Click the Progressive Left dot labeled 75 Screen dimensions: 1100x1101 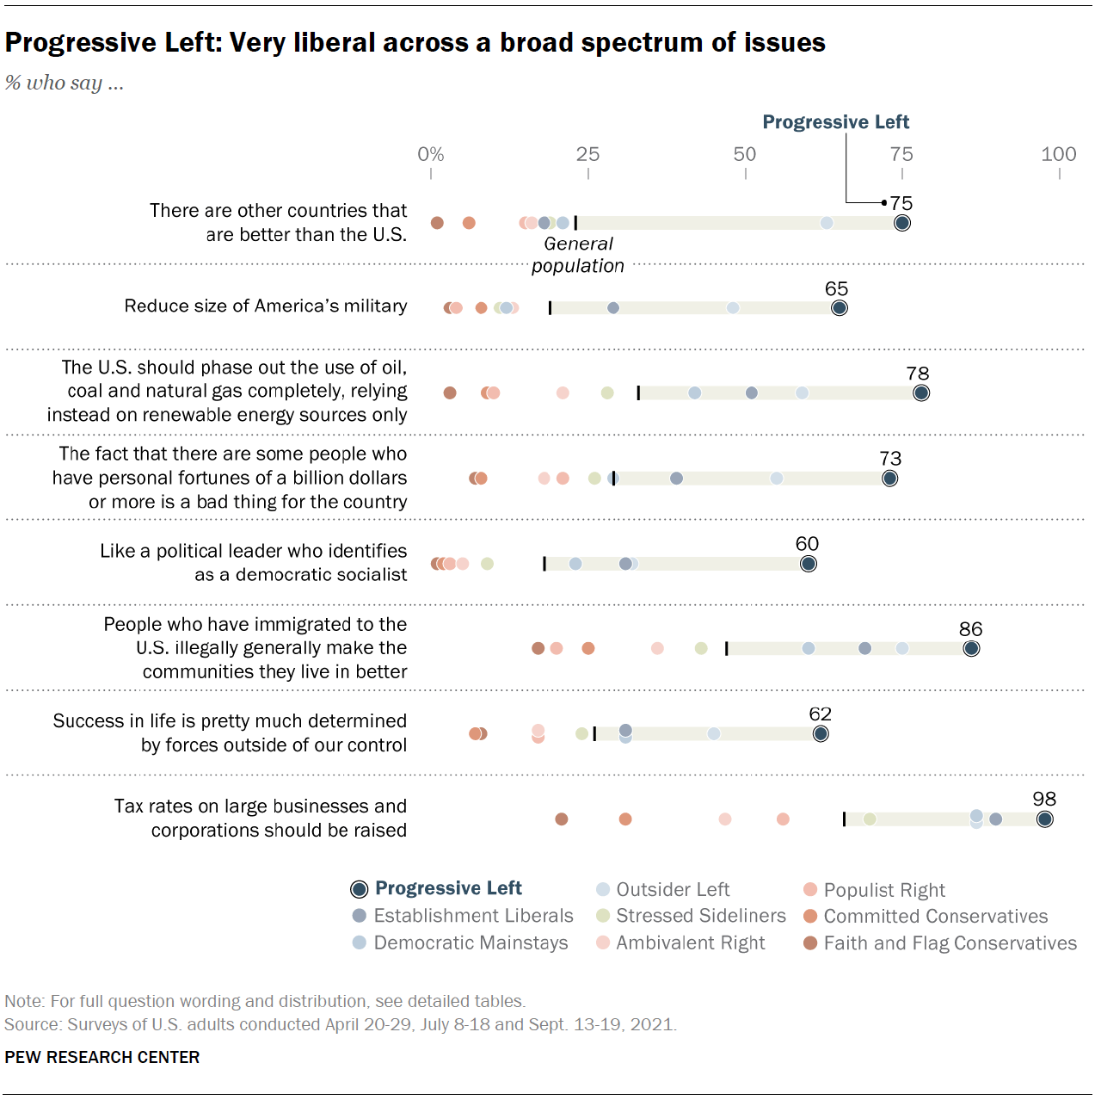(901, 223)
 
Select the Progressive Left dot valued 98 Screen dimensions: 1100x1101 (1044, 819)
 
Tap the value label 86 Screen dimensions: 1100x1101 (970, 629)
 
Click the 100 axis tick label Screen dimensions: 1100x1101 (1058, 155)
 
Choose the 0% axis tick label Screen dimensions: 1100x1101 (430, 155)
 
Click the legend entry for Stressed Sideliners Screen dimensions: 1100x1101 (700, 916)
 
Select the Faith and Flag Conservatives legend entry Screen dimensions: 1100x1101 (950, 943)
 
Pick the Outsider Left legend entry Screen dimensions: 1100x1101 (673, 890)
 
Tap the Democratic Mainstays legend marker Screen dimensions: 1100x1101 (360, 942)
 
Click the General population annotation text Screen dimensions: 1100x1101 (578, 255)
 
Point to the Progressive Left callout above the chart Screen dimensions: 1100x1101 (835, 122)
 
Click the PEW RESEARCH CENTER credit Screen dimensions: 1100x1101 (102, 1057)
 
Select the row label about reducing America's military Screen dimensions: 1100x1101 (266, 306)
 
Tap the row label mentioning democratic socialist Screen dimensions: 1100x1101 (254, 563)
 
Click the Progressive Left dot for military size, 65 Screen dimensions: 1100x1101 (839, 308)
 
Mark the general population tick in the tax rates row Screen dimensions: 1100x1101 (845, 819)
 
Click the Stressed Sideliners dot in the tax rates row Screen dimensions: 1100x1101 (870, 819)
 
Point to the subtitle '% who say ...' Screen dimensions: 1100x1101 (65, 83)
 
